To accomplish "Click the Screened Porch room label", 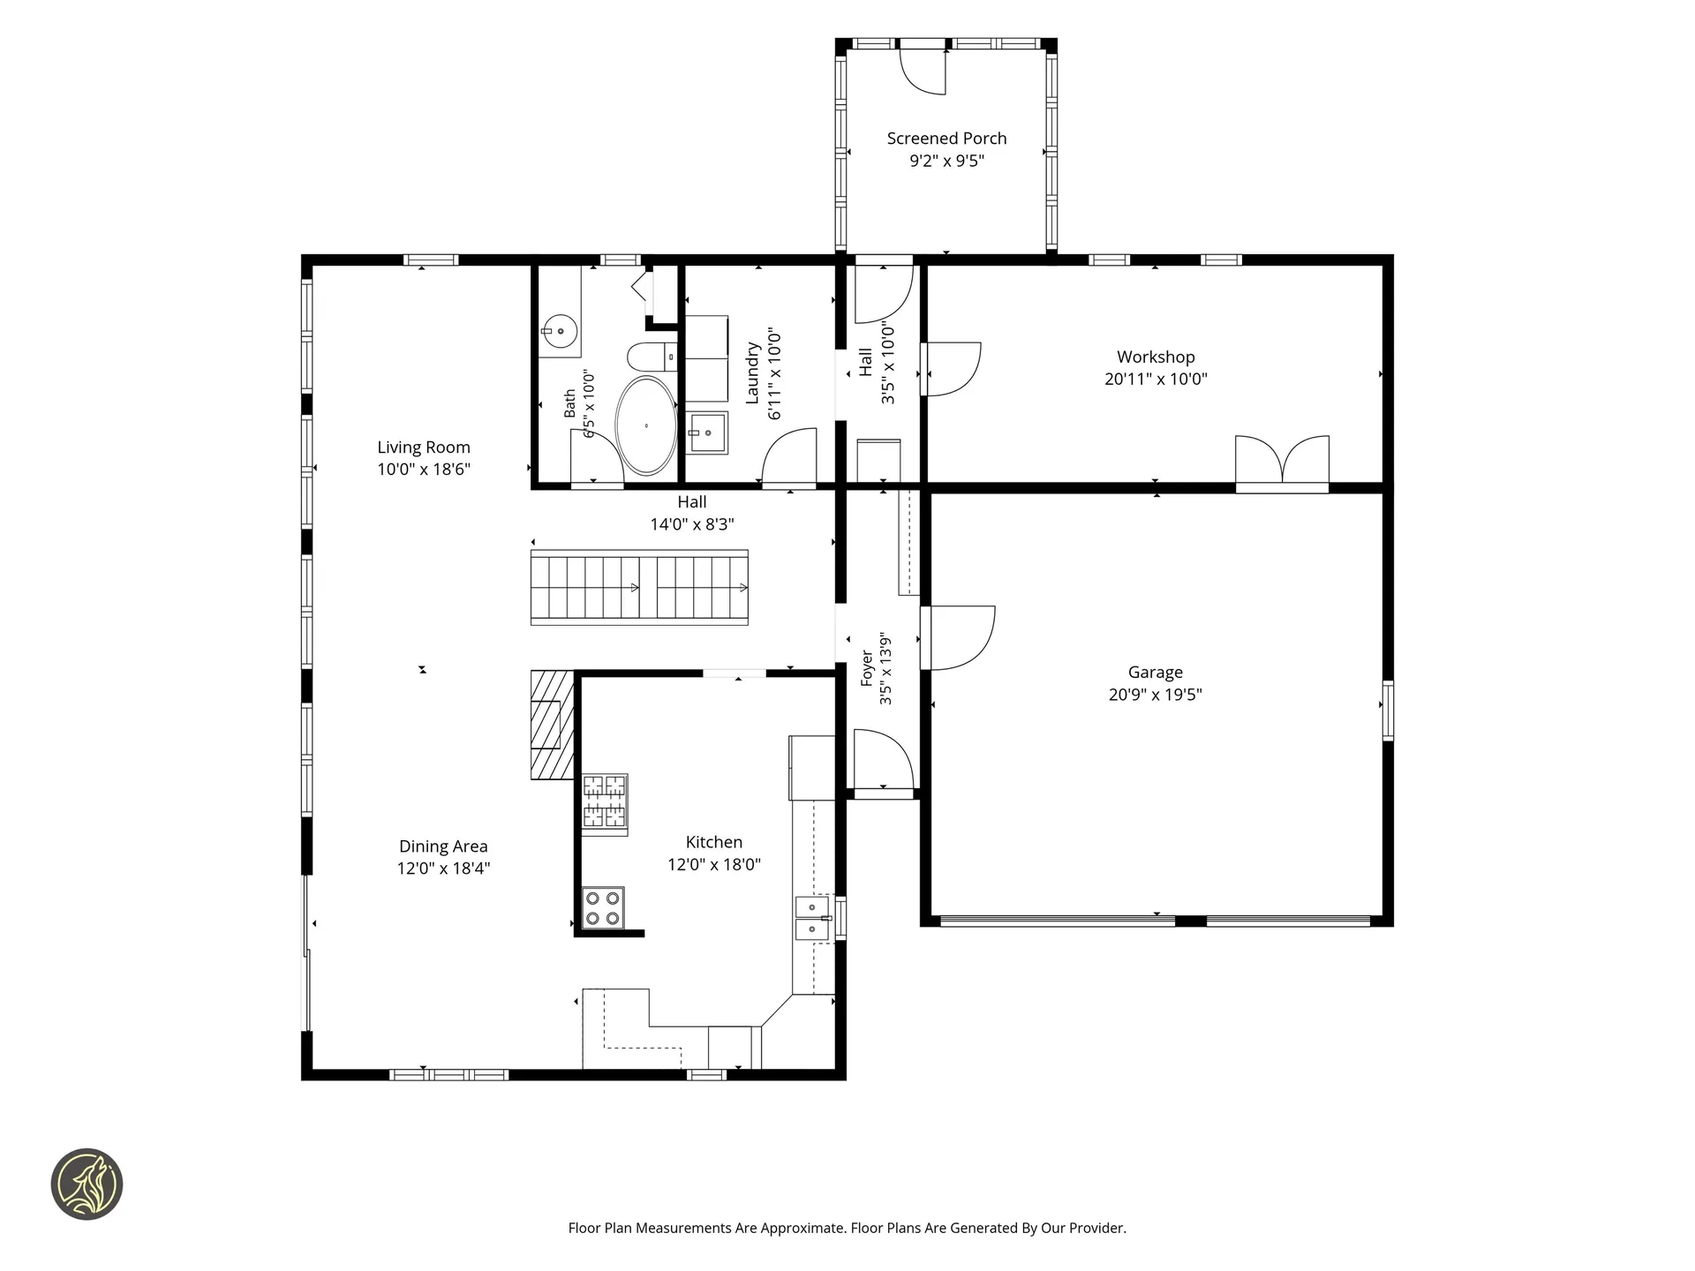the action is point(946,139).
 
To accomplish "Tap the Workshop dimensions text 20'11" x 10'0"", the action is point(1156,380).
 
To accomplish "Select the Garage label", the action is point(1155,673).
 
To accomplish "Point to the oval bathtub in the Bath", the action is point(646,426).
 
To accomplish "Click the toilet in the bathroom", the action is point(652,357).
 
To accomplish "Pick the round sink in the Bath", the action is point(560,332).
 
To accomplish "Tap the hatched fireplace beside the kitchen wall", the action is point(552,725).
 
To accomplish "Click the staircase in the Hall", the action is point(639,588).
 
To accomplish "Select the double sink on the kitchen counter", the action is point(813,919).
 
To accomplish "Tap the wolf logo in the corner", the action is point(87,1185).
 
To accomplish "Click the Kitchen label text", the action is point(713,843).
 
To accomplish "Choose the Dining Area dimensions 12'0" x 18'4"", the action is point(443,869).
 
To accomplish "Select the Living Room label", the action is point(424,447).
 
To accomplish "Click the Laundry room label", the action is point(752,373).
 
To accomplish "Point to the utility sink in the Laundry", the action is point(707,433).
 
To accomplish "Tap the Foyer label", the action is point(867,668).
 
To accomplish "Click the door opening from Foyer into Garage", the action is point(957,637).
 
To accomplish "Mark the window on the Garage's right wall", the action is point(1388,711).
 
